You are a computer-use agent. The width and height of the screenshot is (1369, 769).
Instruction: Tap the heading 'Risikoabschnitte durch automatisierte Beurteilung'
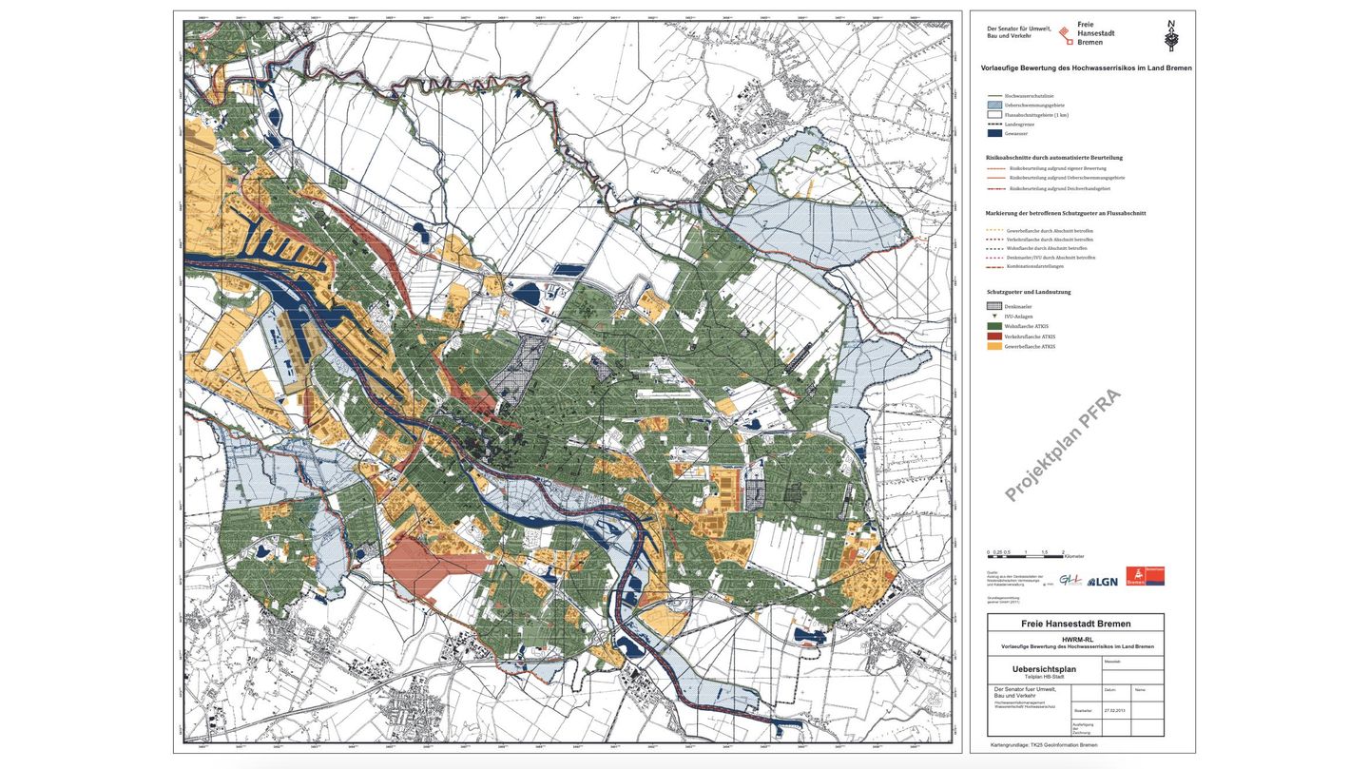tap(1054, 157)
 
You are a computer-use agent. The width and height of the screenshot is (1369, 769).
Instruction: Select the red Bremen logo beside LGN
tap(1145, 576)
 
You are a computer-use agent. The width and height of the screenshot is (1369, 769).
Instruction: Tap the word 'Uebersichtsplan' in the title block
tap(1033, 668)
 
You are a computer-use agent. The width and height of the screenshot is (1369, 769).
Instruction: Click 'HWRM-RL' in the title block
tap(1075, 639)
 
